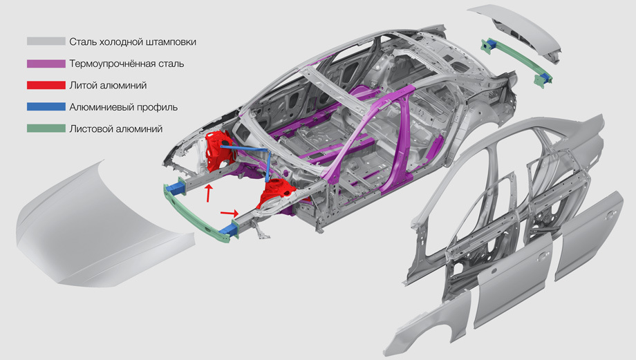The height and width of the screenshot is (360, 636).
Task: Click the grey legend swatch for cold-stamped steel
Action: click(46, 41)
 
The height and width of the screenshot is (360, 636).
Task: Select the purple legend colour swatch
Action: click(46, 64)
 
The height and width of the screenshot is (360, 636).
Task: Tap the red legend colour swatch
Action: click(46, 85)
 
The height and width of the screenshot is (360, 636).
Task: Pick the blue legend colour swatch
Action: click(46, 106)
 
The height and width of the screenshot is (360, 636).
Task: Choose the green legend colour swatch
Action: click(46, 129)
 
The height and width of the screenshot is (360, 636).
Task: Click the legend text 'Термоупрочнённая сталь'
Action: click(127, 64)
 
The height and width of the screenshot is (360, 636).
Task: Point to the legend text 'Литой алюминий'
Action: click(108, 85)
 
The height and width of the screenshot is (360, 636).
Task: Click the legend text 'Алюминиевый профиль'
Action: click(123, 107)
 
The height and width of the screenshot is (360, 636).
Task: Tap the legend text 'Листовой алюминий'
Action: click(115, 129)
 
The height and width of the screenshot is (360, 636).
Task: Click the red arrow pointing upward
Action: click(209, 193)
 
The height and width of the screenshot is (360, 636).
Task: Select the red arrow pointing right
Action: click(230, 212)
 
